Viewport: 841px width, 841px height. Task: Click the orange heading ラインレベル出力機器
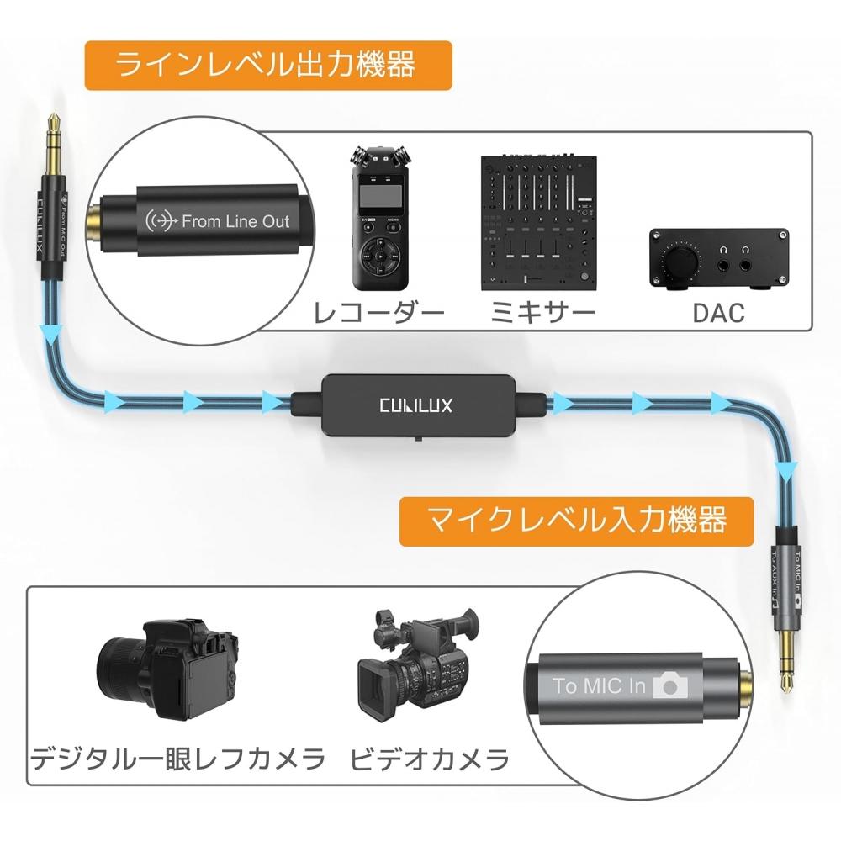point(267,66)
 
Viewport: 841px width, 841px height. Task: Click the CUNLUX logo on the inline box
point(415,405)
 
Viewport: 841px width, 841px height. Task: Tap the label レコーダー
point(378,314)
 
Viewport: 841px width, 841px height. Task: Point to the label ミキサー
point(542,314)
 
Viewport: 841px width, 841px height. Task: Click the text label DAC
point(718,314)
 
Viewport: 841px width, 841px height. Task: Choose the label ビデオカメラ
point(429,761)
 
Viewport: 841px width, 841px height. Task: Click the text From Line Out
point(235,222)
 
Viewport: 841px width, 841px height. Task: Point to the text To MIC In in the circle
point(600,685)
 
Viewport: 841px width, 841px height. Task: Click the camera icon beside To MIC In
point(670,685)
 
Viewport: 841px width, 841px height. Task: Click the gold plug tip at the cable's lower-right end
point(788,664)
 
